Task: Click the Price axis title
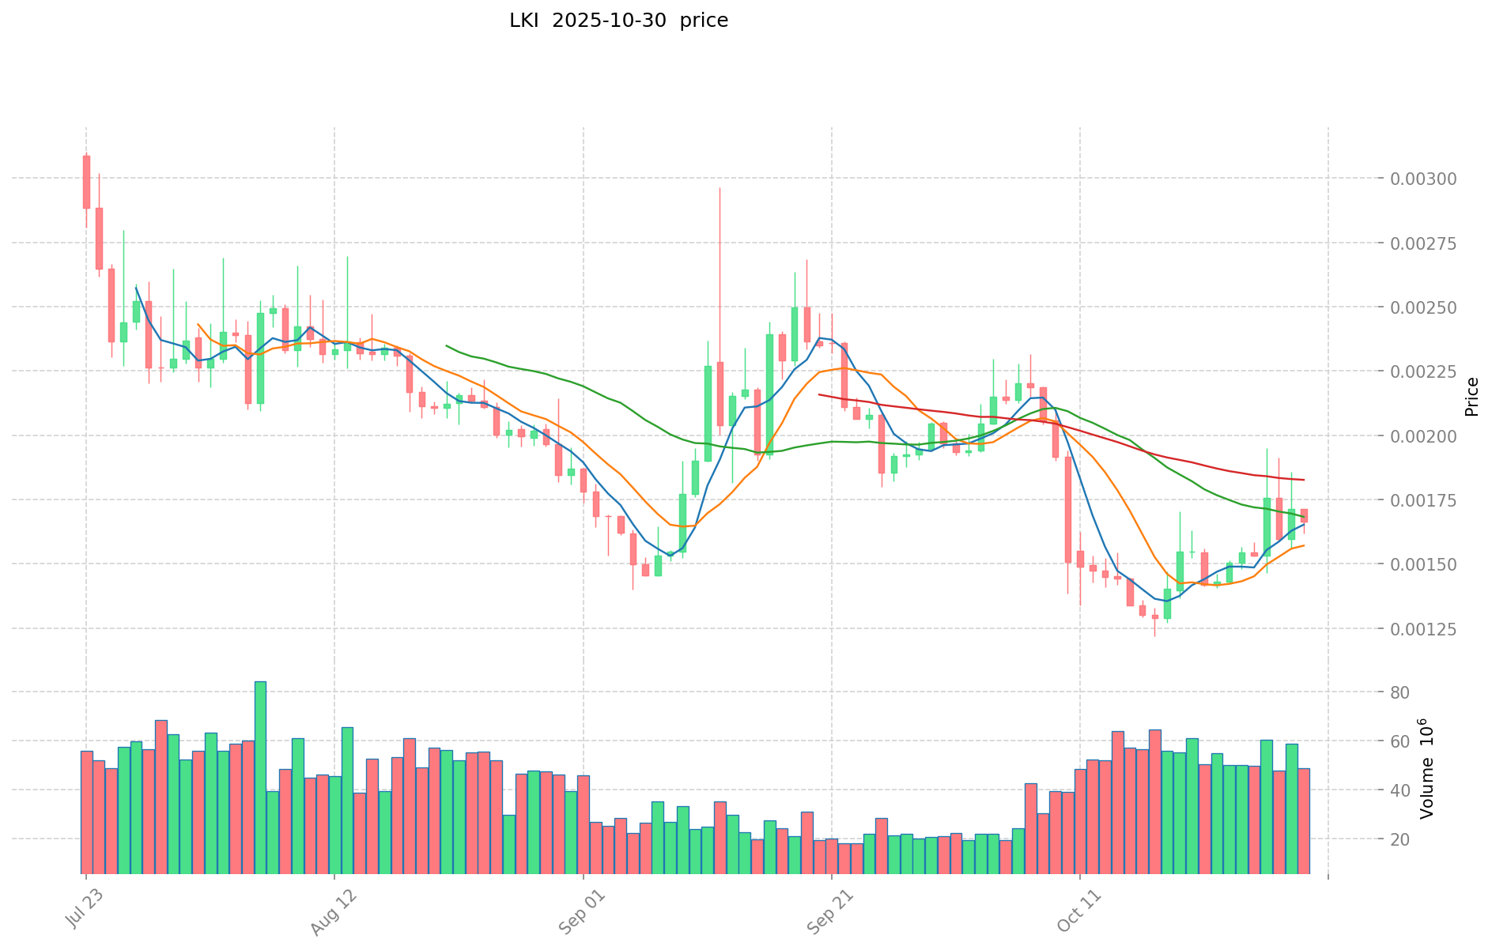click(1471, 397)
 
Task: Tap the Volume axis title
click(1426, 768)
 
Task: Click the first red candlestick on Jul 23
click(86, 182)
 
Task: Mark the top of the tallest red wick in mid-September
click(720, 188)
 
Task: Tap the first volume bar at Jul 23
click(86, 812)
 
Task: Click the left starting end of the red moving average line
click(819, 394)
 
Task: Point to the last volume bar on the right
click(1304, 820)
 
